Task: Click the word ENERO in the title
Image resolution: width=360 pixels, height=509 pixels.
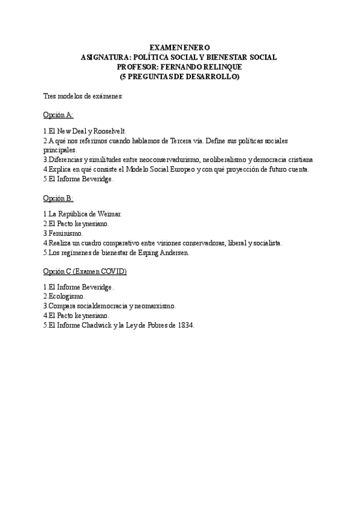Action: click(x=197, y=47)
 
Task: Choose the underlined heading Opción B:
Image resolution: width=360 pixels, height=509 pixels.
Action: click(x=58, y=197)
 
